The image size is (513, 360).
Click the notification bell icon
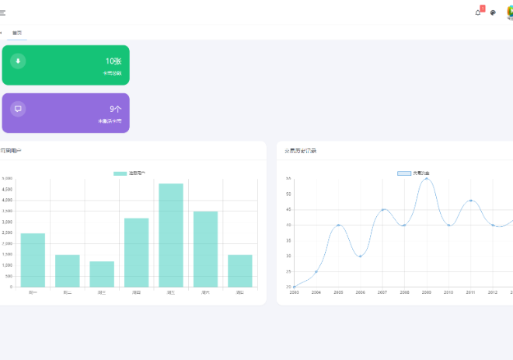pos(478,12)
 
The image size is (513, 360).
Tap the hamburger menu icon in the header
pos(2,12)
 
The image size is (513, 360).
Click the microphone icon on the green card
pos(18,61)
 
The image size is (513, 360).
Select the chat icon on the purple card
pos(18,109)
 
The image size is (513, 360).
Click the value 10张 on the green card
pos(113,61)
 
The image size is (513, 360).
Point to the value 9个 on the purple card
pos(115,110)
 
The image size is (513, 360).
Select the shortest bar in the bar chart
pos(102,274)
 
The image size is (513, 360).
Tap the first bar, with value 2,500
pos(33,260)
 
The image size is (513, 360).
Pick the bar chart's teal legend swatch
pos(120,173)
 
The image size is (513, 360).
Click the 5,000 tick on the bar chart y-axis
pos(7,178)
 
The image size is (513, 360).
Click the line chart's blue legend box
pos(404,173)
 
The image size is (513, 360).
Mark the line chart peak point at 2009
pos(427,179)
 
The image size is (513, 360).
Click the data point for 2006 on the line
pos(360,256)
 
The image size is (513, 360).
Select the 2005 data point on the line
pos(338,225)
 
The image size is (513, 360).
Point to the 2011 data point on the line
pos(471,201)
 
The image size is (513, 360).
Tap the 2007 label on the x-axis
pos(382,292)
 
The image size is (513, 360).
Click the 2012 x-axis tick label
pos(493,292)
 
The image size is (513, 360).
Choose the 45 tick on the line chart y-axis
pos(288,209)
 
